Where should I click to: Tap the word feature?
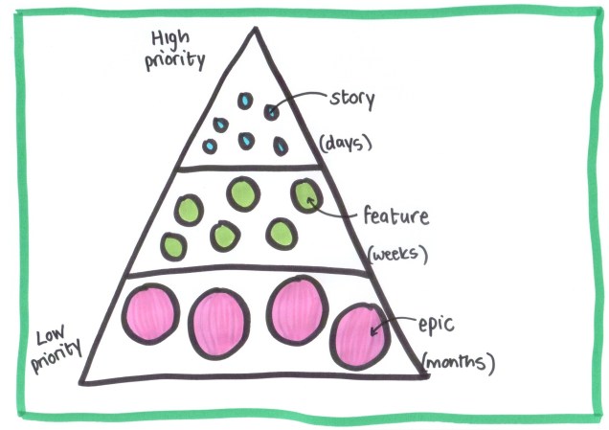coord(395,216)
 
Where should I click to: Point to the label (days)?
coord(344,145)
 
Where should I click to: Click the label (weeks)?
coord(396,255)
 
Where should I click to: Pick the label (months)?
coord(460,364)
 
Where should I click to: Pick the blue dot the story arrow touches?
coord(271,111)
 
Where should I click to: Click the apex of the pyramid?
coord(255,29)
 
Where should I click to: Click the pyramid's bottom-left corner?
coord(82,381)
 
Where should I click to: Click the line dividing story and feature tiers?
coord(252,169)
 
